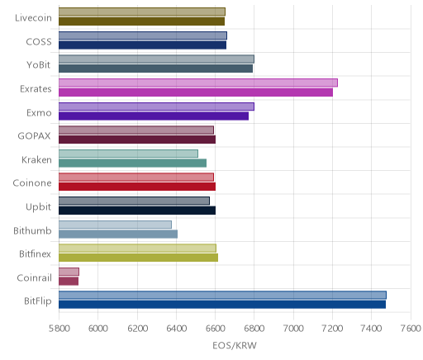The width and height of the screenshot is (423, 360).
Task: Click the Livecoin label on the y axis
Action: (33, 18)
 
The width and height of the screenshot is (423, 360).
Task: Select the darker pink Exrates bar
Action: (196, 92)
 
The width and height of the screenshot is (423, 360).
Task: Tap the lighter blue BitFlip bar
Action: (222, 295)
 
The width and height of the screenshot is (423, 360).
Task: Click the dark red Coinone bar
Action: (137, 187)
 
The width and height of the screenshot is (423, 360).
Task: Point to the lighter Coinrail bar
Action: (69, 272)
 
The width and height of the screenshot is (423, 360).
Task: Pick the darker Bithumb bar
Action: (118, 234)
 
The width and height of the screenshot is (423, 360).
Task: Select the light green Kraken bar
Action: (128, 154)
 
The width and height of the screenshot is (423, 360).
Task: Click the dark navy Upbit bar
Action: (137, 211)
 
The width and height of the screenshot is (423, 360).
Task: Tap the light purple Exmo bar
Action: (156, 107)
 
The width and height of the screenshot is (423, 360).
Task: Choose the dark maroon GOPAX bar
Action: (137, 140)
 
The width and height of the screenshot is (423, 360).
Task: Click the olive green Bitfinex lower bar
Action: (138, 258)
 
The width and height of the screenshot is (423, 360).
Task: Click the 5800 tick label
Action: (59, 329)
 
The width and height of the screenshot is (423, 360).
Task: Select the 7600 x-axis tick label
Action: (411, 329)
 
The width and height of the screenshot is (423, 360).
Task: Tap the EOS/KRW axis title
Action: (235, 345)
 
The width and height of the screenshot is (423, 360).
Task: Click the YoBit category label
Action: (39, 65)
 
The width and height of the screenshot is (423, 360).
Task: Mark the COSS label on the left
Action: (39, 41)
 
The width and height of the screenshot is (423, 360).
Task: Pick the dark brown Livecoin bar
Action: (141, 21)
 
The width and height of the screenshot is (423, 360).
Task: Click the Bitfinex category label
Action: (35, 253)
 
